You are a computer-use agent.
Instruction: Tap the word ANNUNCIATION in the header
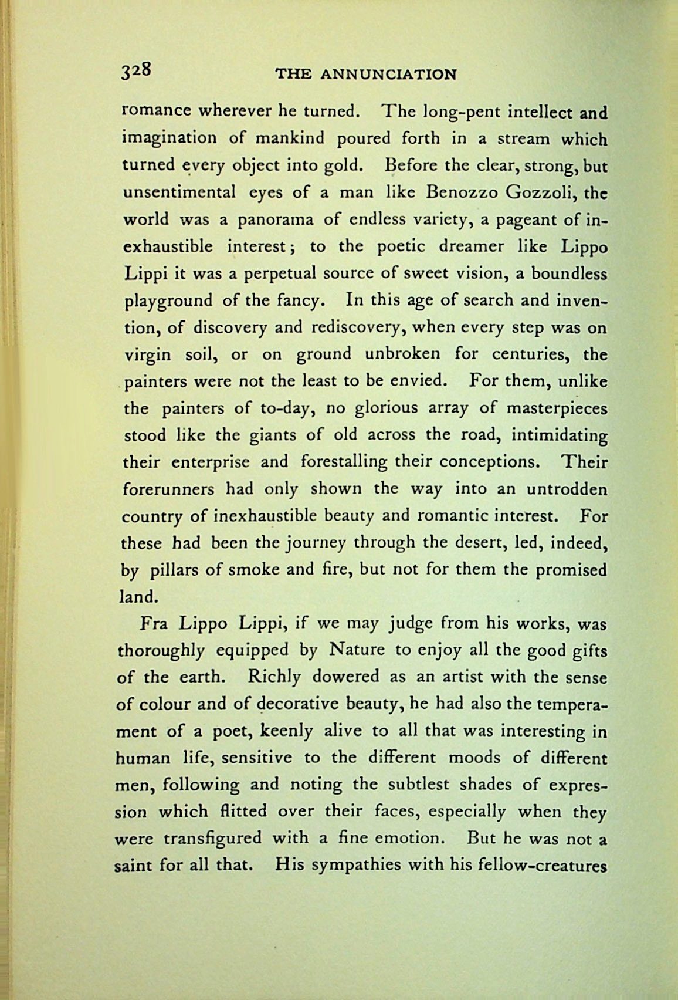coord(388,75)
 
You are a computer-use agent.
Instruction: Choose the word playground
coord(169,301)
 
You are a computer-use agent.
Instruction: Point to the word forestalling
coord(344,462)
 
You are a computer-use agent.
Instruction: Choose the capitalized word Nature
coord(357,650)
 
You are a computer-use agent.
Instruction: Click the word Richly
coord(274,677)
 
